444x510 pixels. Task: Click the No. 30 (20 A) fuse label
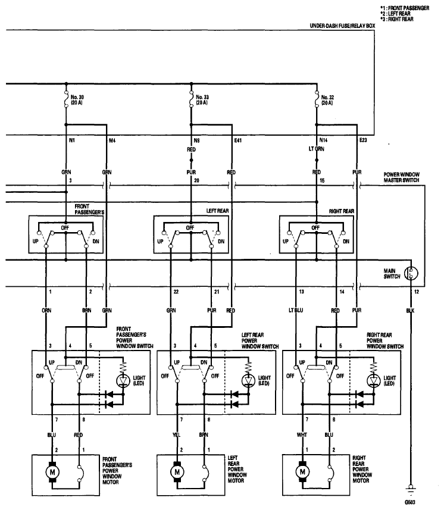tap(77, 100)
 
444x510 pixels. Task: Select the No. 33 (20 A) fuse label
tap(202, 100)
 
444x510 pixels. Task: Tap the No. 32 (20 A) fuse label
tap(327, 100)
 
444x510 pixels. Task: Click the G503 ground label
tap(410, 502)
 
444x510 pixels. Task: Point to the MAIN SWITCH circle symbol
tap(411, 273)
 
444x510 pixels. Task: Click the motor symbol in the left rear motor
tap(177, 472)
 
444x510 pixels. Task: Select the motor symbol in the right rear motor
tap(302, 472)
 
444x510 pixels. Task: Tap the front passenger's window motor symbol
tap(52, 472)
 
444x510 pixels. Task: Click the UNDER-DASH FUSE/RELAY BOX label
tap(342, 26)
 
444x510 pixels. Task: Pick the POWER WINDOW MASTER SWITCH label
tap(401, 177)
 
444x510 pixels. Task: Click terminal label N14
tap(323, 140)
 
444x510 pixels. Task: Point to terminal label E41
tap(238, 140)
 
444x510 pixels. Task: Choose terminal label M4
tap(112, 140)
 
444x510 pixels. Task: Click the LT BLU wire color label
tap(296, 310)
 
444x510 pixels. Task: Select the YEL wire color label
tap(176, 435)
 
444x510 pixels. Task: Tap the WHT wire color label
tap(302, 435)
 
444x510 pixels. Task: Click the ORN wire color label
tap(46, 310)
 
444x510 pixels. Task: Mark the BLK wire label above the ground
tap(410, 311)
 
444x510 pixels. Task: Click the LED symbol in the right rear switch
tap(374, 380)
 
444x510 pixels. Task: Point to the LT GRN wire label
tap(317, 149)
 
